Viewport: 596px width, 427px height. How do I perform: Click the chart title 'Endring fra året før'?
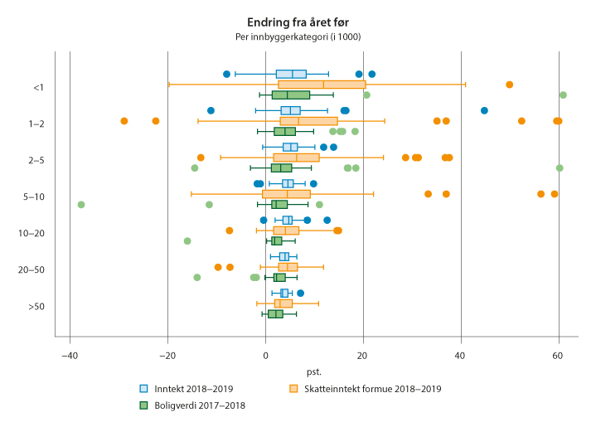(x=298, y=22)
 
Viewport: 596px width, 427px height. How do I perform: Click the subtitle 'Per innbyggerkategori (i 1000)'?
(x=298, y=36)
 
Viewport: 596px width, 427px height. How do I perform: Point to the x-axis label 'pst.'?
(x=313, y=371)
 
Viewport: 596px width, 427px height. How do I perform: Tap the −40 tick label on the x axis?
(x=70, y=356)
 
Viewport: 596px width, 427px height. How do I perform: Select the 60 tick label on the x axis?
(x=559, y=356)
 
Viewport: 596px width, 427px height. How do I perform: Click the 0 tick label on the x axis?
(x=265, y=356)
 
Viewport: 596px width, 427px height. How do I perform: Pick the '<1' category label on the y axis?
(x=38, y=87)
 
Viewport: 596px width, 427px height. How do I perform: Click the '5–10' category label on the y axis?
(x=34, y=197)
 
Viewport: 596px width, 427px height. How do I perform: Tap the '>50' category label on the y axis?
(x=36, y=306)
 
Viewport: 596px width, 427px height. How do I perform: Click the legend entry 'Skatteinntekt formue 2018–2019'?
(x=366, y=388)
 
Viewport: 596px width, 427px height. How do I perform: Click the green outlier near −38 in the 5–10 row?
(x=81, y=204)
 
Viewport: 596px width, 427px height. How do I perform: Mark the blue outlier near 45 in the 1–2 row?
(x=484, y=110)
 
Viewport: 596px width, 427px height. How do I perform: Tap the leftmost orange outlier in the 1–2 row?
(x=124, y=121)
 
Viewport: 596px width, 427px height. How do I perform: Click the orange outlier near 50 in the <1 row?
(x=509, y=85)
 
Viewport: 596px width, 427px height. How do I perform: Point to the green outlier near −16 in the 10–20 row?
(x=187, y=240)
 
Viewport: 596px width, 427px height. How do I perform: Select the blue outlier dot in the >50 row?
(x=300, y=293)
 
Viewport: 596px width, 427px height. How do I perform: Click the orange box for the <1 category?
(x=322, y=85)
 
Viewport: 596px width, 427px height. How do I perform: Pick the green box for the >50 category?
(x=275, y=313)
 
